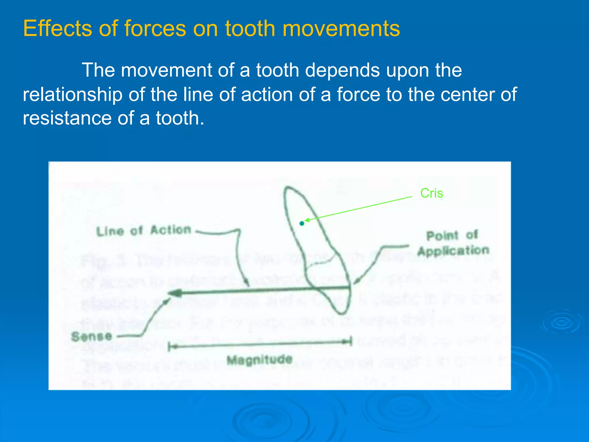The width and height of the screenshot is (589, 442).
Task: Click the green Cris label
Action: pyautogui.click(x=431, y=193)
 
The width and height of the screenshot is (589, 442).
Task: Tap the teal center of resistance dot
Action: pyautogui.click(x=302, y=223)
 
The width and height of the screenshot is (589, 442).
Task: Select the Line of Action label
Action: pyautogui.click(x=144, y=230)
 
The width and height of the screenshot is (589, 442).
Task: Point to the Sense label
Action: pyautogui.click(x=91, y=336)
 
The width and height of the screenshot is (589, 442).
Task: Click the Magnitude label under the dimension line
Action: pyautogui.click(x=259, y=360)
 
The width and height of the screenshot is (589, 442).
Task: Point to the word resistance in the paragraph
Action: pyautogui.click(x=67, y=118)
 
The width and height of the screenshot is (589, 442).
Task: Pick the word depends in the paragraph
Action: pyautogui.click(x=342, y=70)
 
